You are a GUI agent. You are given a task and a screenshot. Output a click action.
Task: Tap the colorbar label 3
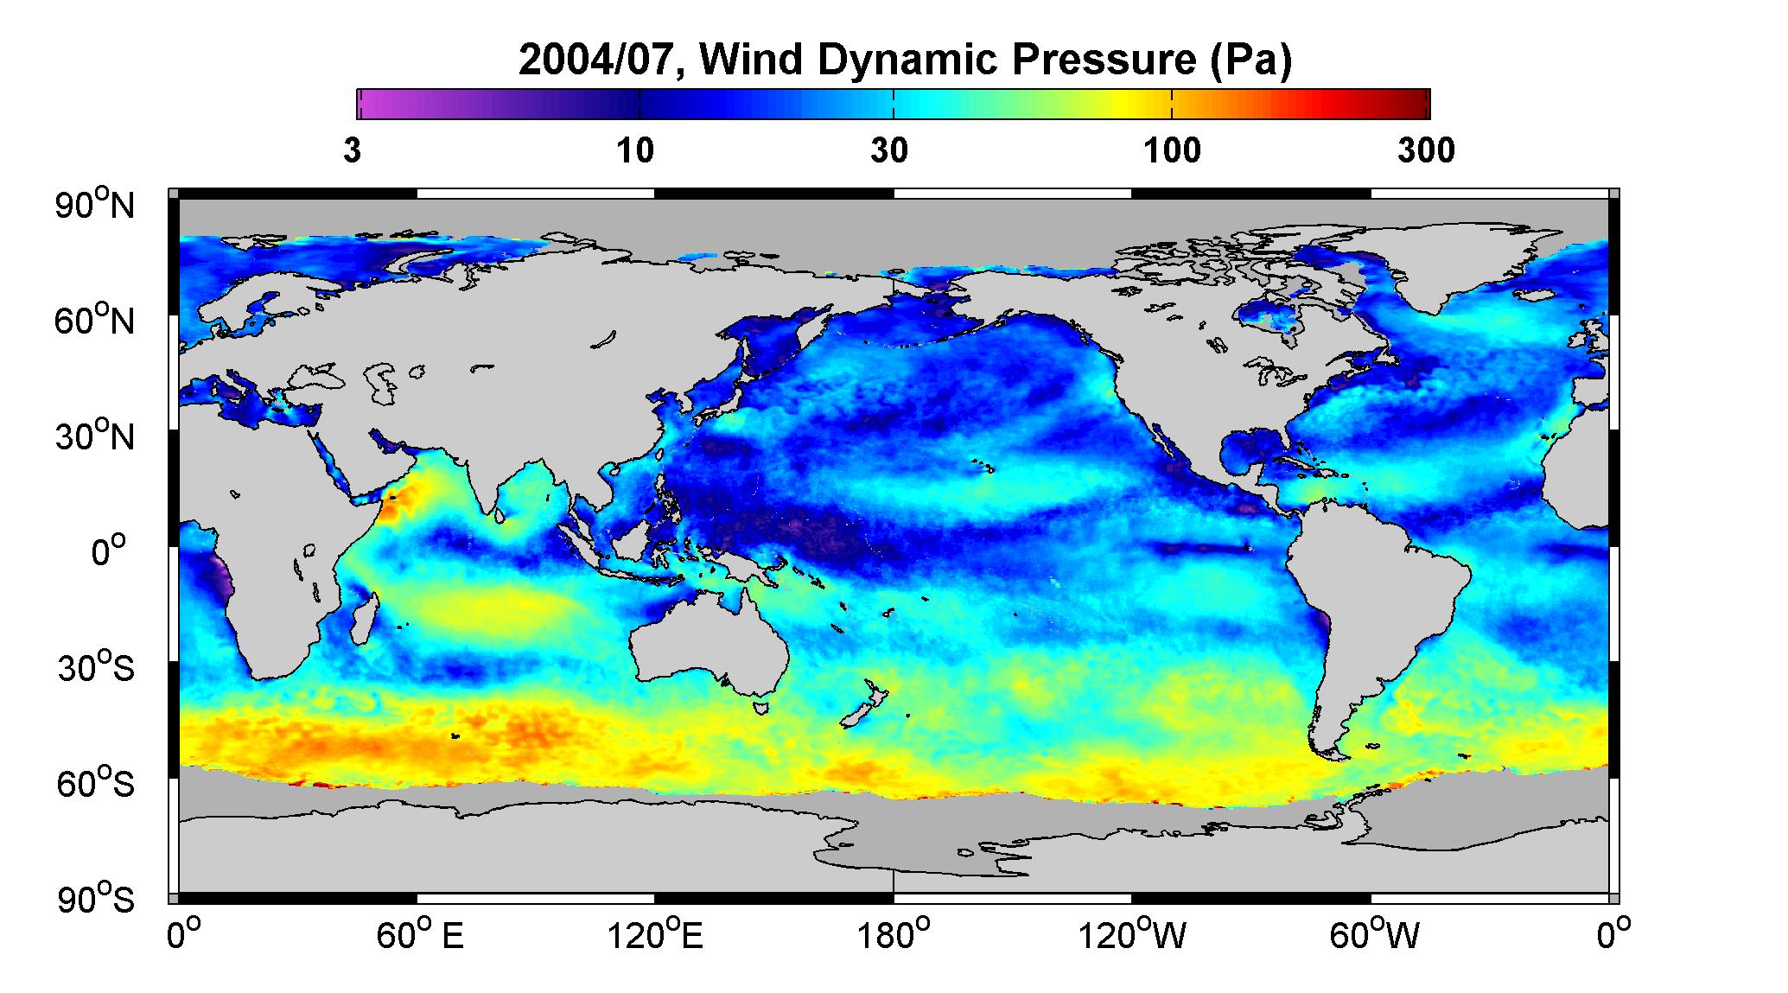pyautogui.click(x=352, y=151)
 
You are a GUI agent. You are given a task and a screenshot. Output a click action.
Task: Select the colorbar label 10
pyautogui.click(x=636, y=151)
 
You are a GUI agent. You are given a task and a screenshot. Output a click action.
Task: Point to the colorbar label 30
pyautogui.click(x=889, y=151)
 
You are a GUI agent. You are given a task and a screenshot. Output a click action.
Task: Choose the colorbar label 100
pyautogui.click(x=1173, y=151)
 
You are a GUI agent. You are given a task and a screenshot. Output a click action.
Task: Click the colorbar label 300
pyautogui.click(x=1426, y=151)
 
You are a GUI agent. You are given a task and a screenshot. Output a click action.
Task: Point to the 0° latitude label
pyautogui.click(x=109, y=551)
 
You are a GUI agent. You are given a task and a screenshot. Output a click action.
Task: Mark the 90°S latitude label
pyautogui.click(x=97, y=898)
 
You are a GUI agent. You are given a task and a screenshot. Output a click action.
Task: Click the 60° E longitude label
pyautogui.click(x=421, y=936)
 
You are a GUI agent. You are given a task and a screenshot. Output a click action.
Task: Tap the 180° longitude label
pyautogui.click(x=894, y=936)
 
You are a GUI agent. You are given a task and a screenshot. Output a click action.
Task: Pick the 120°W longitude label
pyautogui.click(x=1131, y=936)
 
